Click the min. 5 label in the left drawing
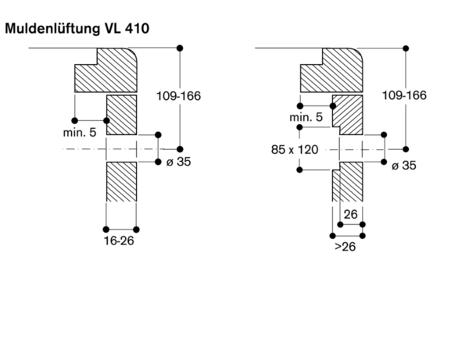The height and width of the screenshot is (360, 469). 81,133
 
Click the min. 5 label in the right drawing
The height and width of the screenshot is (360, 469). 306,117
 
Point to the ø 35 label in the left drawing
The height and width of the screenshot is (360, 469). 178,162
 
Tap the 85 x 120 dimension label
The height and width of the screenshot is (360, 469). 296,149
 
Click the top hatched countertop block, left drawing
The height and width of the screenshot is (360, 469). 106,71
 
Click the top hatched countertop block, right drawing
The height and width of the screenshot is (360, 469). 332,71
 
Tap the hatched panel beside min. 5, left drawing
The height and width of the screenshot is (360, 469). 120,114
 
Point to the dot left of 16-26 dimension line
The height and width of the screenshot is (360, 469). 106,230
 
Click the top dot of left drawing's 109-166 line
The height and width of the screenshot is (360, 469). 181,48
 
